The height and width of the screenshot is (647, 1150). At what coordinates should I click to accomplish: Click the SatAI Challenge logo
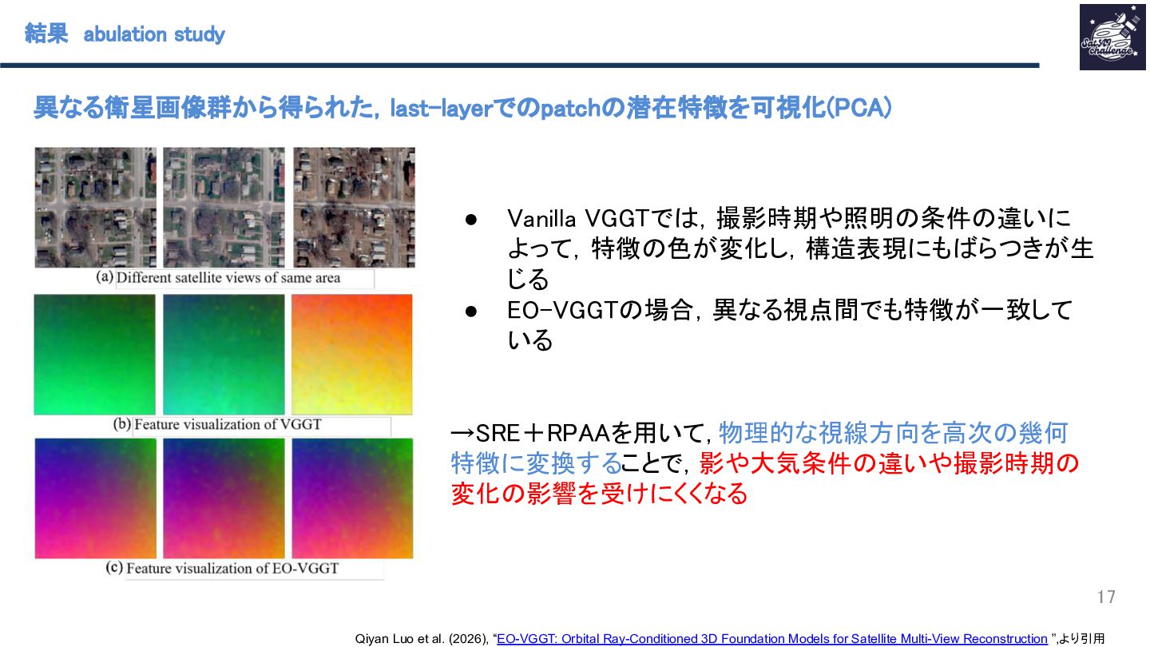click(x=1112, y=37)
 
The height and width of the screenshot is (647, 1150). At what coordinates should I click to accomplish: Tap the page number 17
click(x=1106, y=597)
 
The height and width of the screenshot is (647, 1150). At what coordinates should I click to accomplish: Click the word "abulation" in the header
click(x=125, y=34)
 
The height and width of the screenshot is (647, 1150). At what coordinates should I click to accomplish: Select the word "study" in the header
click(x=199, y=35)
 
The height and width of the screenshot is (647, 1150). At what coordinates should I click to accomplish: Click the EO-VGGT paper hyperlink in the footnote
click(x=772, y=638)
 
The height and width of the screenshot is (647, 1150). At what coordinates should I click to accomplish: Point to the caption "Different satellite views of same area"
click(x=228, y=278)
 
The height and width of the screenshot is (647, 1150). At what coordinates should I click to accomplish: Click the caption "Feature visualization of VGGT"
click(x=228, y=425)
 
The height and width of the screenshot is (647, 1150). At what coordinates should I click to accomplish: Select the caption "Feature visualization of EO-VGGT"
click(x=232, y=569)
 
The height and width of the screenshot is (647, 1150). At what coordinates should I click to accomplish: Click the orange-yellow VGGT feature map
click(x=351, y=355)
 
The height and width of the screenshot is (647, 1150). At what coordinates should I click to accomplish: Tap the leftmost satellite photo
click(x=96, y=208)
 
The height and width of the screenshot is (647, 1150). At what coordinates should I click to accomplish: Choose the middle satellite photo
click(x=224, y=208)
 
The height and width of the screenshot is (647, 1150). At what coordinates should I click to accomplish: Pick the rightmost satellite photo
click(x=354, y=208)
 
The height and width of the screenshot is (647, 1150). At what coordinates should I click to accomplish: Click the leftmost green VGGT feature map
click(x=94, y=355)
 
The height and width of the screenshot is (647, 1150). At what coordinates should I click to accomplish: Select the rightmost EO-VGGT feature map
click(x=352, y=498)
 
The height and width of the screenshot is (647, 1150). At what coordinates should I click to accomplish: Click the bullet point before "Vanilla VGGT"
click(x=471, y=220)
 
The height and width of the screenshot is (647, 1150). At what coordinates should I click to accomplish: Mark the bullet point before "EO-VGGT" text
click(x=471, y=312)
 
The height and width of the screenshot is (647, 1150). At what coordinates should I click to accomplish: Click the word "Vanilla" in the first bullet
click(x=541, y=219)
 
